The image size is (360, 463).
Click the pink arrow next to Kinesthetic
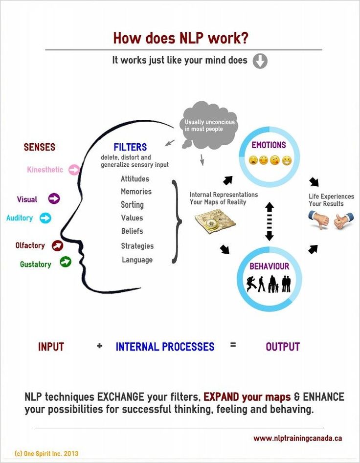coord(74,170)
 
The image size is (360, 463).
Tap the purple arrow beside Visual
coord(54,198)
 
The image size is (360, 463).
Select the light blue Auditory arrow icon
coord(45,218)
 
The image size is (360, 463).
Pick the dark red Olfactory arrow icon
coord(58,245)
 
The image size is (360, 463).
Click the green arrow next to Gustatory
coord(65,262)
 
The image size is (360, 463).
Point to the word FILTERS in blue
coord(130,147)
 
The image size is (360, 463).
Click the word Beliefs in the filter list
coord(132,231)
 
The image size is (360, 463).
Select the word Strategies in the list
coord(137,246)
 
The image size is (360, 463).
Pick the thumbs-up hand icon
coord(343,220)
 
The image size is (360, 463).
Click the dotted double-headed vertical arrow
coord(269,221)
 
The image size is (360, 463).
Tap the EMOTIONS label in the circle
coord(269,145)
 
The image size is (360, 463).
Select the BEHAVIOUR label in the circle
coord(269,266)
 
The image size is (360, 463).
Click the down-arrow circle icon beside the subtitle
coord(260,61)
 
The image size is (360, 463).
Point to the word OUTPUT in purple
coord(282,347)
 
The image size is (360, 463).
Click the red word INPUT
coord(51,347)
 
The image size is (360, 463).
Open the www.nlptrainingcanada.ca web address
coord(297,438)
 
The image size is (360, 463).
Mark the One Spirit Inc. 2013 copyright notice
coord(46,454)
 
